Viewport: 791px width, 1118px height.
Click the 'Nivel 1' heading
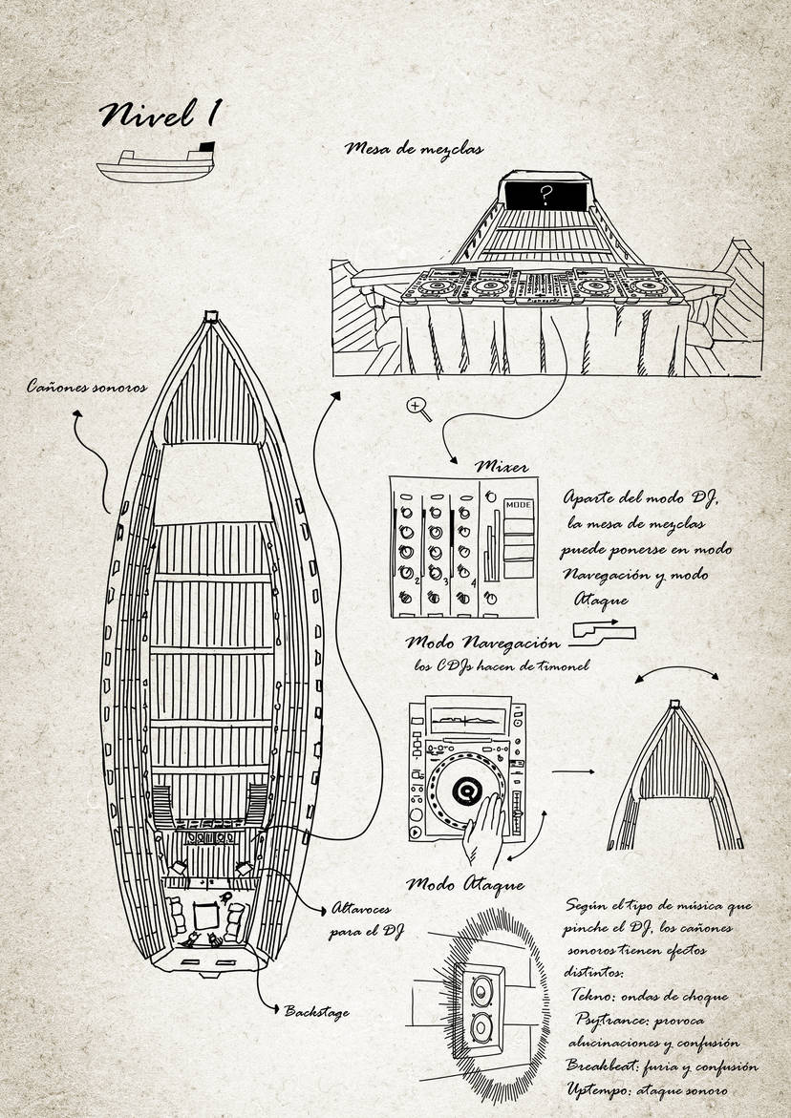pos(160,114)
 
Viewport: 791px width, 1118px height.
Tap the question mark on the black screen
pos(546,194)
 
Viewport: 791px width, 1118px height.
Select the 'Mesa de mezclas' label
pos(414,148)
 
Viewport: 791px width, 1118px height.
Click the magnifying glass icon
pos(418,410)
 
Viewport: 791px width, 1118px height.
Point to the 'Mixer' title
pos(502,468)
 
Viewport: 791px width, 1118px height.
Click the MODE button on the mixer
pos(519,504)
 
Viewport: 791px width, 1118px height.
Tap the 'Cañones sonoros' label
pos(87,388)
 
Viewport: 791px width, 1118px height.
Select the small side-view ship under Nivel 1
pos(157,163)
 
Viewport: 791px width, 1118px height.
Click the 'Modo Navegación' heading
pos(482,643)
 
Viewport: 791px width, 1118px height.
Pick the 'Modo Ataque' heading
pos(465,885)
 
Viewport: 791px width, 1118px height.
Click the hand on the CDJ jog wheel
pos(485,828)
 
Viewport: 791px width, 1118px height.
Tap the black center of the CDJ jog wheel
pos(468,788)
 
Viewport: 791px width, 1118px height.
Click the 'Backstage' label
pos(316,1011)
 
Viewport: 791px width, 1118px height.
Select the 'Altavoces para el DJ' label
pos(365,919)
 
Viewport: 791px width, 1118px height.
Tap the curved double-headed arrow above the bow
pos(676,670)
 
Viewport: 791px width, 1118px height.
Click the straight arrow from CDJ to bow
pos(573,770)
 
